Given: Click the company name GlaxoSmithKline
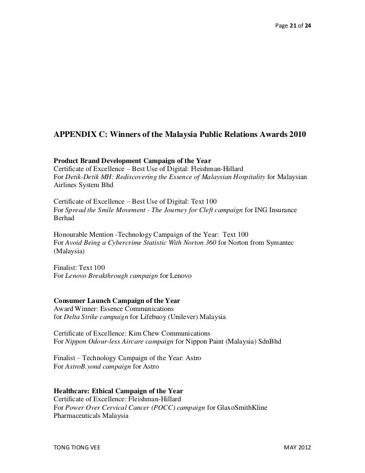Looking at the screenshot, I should pos(242,407).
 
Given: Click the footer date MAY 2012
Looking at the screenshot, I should pos(297,447).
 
